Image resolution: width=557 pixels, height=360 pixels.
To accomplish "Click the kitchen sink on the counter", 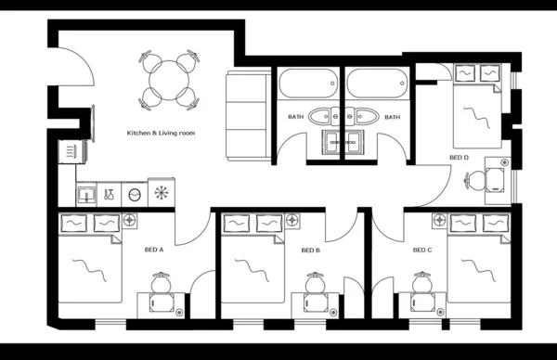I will tap(85, 194).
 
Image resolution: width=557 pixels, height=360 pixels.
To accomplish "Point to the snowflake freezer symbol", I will tap(162, 194).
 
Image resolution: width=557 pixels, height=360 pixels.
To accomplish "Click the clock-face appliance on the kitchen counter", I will tap(136, 194).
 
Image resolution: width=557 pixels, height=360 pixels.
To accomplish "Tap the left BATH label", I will tap(295, 117).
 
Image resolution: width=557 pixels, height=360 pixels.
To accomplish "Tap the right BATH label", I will tap(393, 117).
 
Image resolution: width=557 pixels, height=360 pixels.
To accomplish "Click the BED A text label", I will tap(153, 250).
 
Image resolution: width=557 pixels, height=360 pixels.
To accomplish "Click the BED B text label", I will tap(311, 250).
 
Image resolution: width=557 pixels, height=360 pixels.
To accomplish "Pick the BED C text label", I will tap(421, 250).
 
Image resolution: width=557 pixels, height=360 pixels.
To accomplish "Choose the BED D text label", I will tap(459, 158).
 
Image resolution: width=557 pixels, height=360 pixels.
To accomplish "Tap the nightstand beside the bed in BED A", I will tap(130, 221).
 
